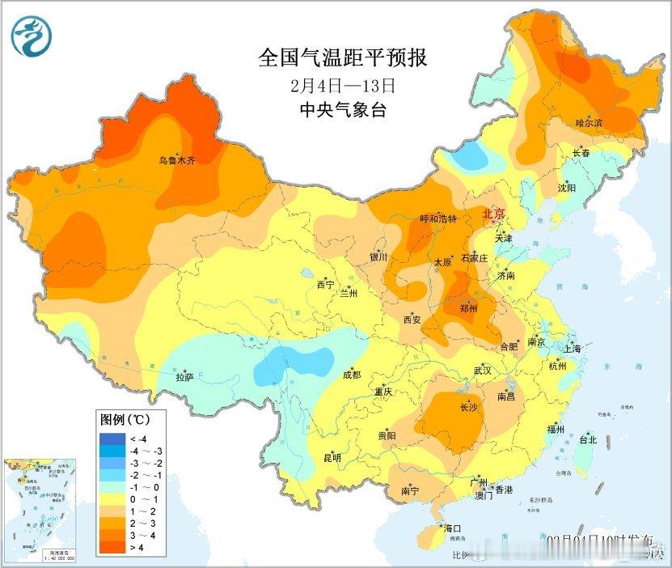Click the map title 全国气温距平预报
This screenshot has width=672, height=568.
[x=342, y=58]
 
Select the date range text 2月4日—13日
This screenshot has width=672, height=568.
[x=342, y=85]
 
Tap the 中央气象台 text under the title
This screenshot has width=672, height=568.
[x=342, y=110]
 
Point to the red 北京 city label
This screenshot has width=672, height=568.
[x=492, y=214]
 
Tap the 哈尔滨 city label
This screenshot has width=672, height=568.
[x=589, y=123]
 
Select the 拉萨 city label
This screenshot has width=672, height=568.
[x=185, y=377]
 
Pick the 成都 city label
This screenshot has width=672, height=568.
[x=352, y=375]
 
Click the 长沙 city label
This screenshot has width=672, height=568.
[x=468, y=407]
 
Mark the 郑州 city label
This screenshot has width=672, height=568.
[x=467, y=309]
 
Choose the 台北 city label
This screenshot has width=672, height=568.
[x=587, y=440]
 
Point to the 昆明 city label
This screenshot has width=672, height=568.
[x=332, y=458]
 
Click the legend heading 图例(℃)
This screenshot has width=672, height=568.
[x=124, y=421]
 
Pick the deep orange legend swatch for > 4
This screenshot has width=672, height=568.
[x=108, y=549]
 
